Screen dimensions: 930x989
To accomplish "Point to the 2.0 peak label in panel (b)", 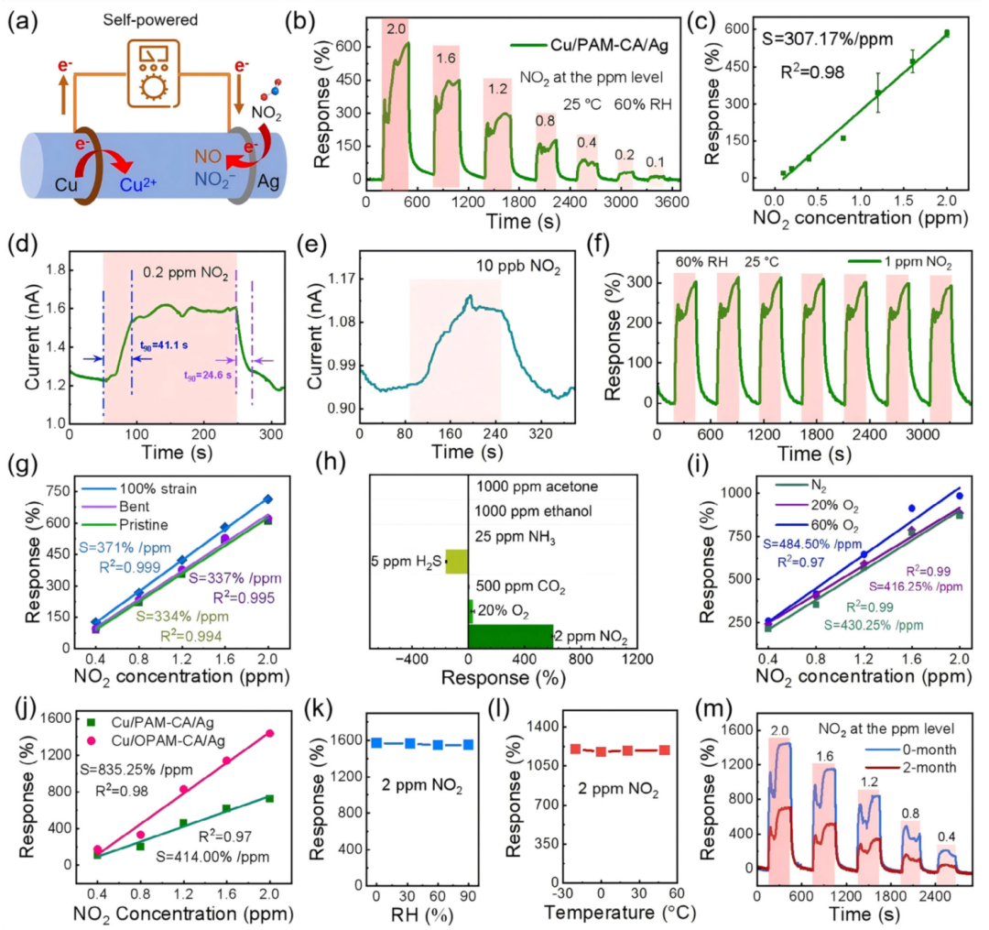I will pyautogui.click(x=396, y=29).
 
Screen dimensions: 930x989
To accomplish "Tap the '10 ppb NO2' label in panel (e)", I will pyautogui.click(x=457, y=265).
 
